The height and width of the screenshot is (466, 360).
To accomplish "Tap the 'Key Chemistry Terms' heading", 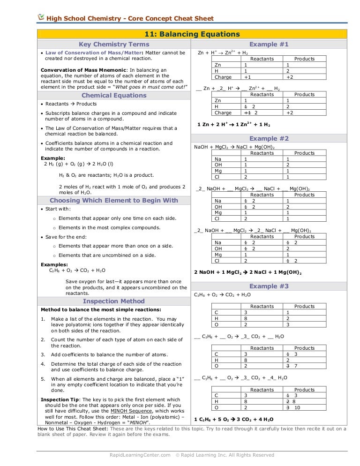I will tap(113, 45).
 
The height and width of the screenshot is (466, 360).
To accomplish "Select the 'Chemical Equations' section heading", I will tap(114, 95).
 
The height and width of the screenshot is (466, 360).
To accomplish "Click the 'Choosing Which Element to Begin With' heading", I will tap(114, 200).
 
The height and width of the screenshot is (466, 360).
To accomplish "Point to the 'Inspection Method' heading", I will tap(114, 301).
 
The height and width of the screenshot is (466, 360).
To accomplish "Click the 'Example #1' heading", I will tap(269, 45).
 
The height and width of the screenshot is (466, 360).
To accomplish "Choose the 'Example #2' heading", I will tap(269, 138).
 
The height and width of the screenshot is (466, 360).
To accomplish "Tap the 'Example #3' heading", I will tap(269, 286).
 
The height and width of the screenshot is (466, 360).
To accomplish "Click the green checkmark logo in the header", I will tap(41, 17).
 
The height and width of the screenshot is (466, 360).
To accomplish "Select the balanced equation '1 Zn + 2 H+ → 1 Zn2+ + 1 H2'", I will tap(233, 125).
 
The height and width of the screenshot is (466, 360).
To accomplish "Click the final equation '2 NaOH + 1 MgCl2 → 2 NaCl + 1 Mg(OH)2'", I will tap(247, 272).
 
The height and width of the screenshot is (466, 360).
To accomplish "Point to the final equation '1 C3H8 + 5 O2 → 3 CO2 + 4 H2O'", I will tap(233, 420).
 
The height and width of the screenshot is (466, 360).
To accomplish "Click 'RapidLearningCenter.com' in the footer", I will tap(140, 455).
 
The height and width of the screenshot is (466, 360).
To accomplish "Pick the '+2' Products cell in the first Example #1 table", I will tap(290, 77).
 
